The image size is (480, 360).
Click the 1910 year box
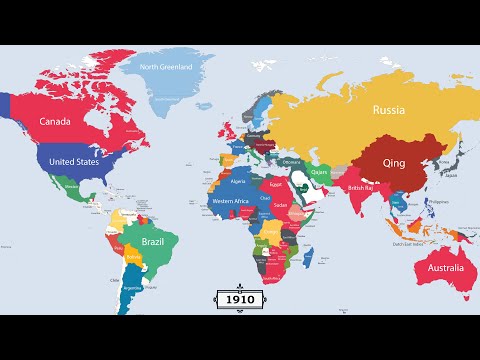240,298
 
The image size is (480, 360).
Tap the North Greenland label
178,67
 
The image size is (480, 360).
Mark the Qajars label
320,171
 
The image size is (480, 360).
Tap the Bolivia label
134,255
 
